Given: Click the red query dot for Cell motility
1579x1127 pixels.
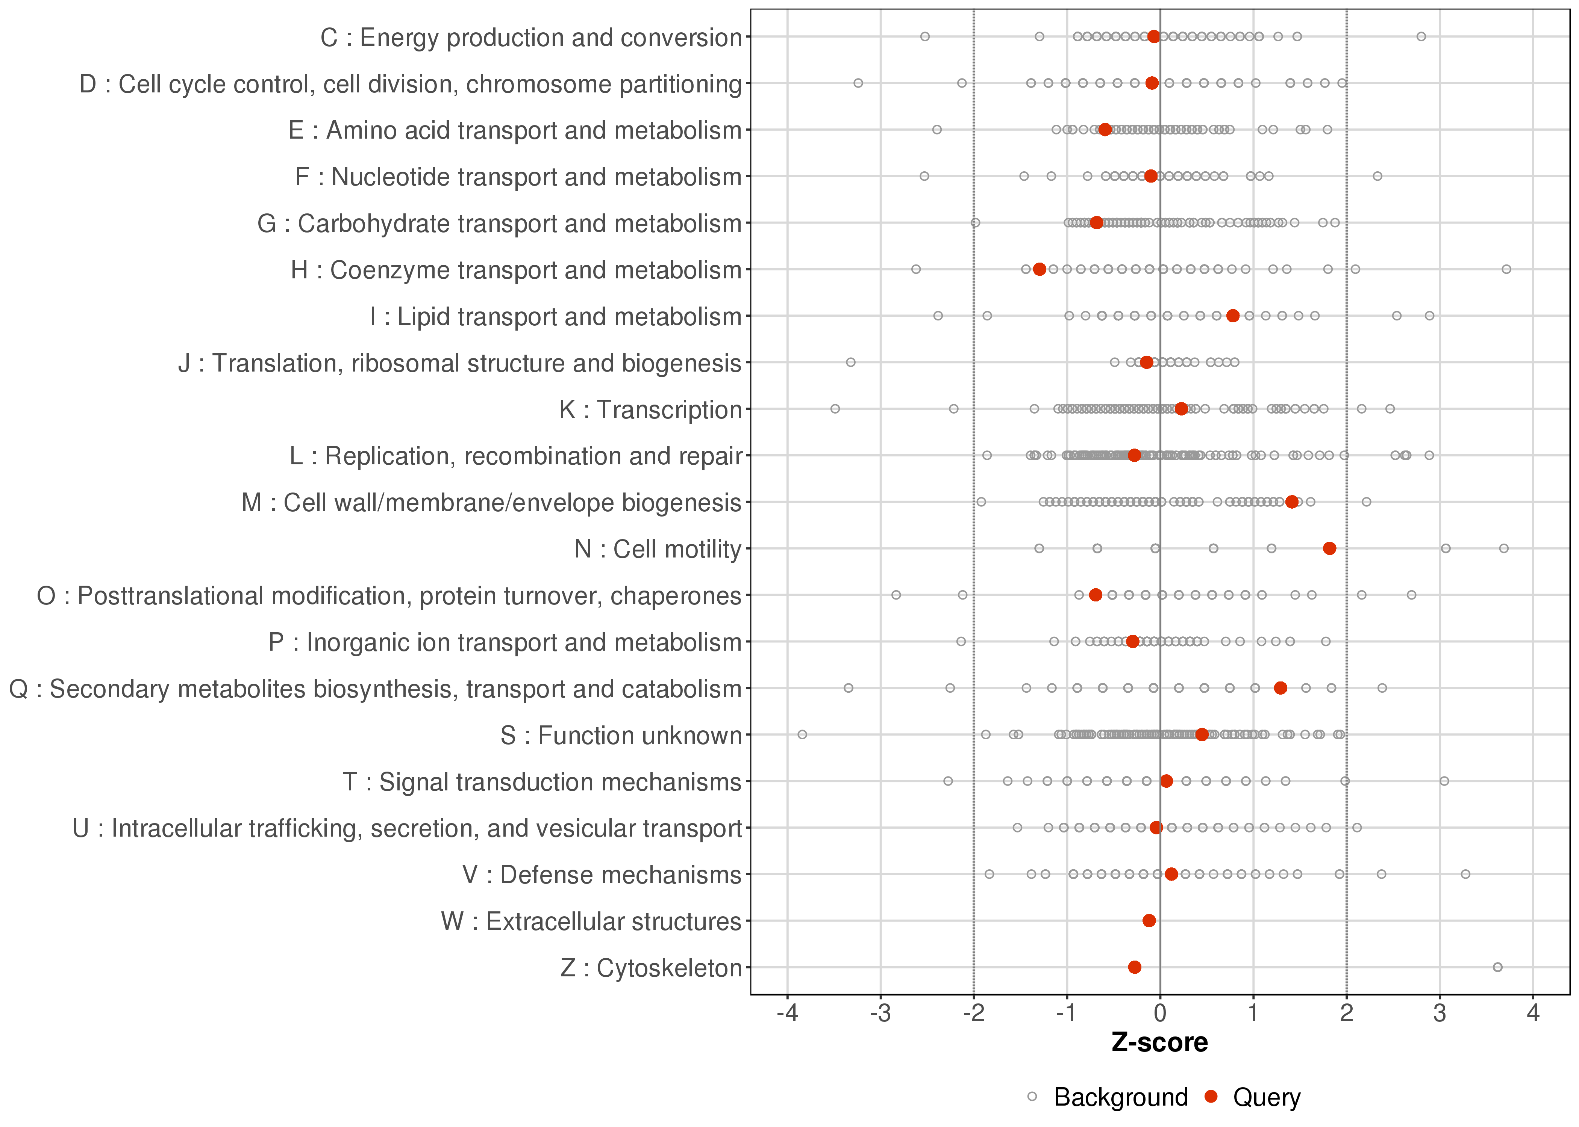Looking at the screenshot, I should [1329, 548].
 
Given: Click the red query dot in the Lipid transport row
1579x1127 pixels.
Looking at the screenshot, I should [1232, 316].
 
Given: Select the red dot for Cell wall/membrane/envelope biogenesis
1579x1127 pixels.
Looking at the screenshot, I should [1291, 502].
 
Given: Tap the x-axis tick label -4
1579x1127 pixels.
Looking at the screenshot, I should [787, 1013].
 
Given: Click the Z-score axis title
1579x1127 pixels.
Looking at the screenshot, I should [1159, 1042].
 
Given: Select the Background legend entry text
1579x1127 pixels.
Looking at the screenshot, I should [1121, 1097].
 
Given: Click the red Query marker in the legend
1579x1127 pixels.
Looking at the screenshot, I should [1211, 1097].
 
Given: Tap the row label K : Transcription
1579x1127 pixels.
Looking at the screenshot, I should [651, 409].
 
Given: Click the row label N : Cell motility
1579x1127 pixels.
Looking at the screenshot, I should [658, 549].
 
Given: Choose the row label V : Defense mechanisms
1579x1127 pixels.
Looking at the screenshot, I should [602, 875].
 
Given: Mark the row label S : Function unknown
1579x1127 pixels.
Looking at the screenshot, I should [621, 735].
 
